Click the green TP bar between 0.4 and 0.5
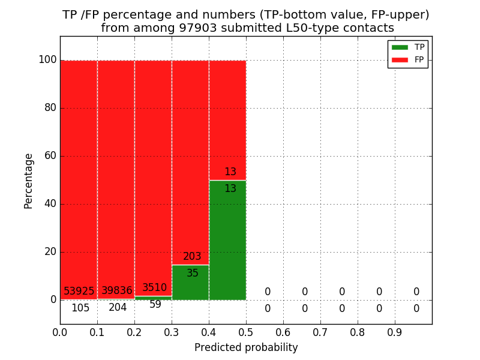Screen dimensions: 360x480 click(227, 240)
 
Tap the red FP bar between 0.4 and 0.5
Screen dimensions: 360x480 click(227, 120)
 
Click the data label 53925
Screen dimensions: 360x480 click(79, 291)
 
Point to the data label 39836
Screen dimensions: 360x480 click(116, 291)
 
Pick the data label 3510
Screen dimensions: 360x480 click(154, 288)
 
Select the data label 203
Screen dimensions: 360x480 click(192, 257)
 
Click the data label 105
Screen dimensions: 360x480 click(80, 308)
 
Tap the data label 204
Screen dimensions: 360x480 click(118, 308)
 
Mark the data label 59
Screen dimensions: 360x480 click(155, 305)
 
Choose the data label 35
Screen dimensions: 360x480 click(193, 274)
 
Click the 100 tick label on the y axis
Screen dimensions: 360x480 click(47, 60)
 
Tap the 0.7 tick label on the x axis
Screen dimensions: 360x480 click(320, 332)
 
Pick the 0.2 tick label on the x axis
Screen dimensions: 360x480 click(134, 332)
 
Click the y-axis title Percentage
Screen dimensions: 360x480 click(29, 181)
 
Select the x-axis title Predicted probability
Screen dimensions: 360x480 click(246, 347)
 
